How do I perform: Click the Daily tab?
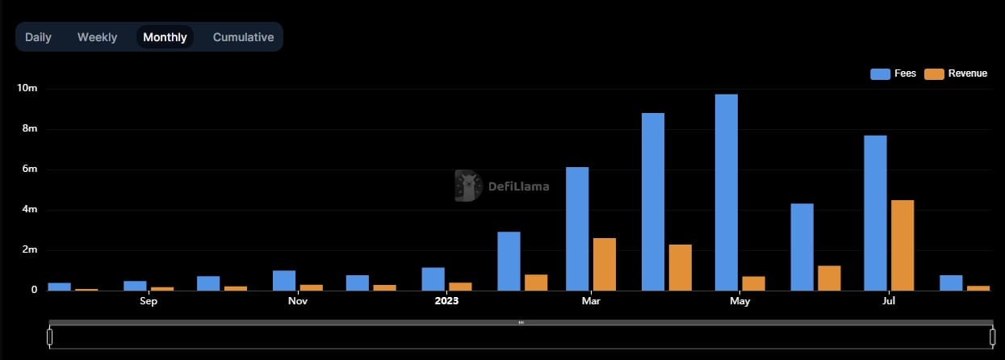coord(38,37)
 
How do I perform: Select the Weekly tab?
coord(97,37)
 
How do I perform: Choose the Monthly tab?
coord(165,37)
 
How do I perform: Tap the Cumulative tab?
coord(243,37)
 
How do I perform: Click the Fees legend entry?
coord(894,73)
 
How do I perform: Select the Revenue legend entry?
coord(957,73)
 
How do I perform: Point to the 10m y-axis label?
coord(27,88)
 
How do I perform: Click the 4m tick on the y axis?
coord(30,209)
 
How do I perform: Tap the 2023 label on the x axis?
coord(446,302)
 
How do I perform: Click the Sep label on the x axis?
coord(149,302)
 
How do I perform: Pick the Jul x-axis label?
coord(889,302)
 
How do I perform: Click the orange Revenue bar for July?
coord(902,245)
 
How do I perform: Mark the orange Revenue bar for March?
coord(605,264)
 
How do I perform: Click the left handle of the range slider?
coord(49,336)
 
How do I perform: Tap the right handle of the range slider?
coord(992,336)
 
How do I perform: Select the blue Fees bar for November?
coord(284,280)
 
